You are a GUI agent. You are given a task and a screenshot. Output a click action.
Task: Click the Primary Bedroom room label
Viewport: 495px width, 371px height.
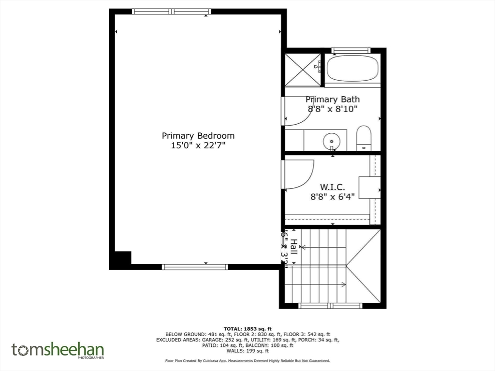pyautogui.click(x=198, y=136)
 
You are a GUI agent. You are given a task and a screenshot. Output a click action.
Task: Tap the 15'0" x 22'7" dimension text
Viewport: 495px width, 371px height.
pyautogui.click(x=198, y=145)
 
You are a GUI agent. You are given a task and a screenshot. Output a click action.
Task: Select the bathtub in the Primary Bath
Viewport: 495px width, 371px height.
pyautogui.click(x=352, y=69)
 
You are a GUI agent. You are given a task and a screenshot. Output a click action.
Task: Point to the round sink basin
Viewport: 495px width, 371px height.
pyautogui.click(x=332, y=141)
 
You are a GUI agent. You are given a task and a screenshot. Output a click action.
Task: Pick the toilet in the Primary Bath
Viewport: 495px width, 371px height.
pyautogui.click(x=363, y=138)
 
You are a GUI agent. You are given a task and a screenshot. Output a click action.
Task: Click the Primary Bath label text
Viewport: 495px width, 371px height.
pyautogui.click(x=333, y=100)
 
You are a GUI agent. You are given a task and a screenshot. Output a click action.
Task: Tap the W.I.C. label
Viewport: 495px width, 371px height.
pyautogui.click(x=333, y=186)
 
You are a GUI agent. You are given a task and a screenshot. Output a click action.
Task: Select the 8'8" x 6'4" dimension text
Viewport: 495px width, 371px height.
pyautogui.click(x=333, y=196)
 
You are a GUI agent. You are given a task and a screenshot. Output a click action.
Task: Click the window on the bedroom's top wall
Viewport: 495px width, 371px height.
pyautogui.click(x=172, y=12)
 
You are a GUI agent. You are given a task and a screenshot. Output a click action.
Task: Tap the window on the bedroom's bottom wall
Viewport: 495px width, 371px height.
pyautogui.click(x=195, y=267)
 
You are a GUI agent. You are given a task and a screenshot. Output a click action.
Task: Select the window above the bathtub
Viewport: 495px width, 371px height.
pyautogui.click(x=350, y=50)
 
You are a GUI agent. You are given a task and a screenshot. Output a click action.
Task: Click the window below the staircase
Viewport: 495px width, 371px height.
pyautogui.click(x=330, y=306)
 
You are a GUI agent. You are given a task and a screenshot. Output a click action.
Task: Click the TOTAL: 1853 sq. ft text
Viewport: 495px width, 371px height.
pyautogui.click(x=247, y=328)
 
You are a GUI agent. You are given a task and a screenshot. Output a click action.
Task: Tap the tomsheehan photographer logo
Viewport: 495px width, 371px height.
pyautogui.click(x=58, y=350)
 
